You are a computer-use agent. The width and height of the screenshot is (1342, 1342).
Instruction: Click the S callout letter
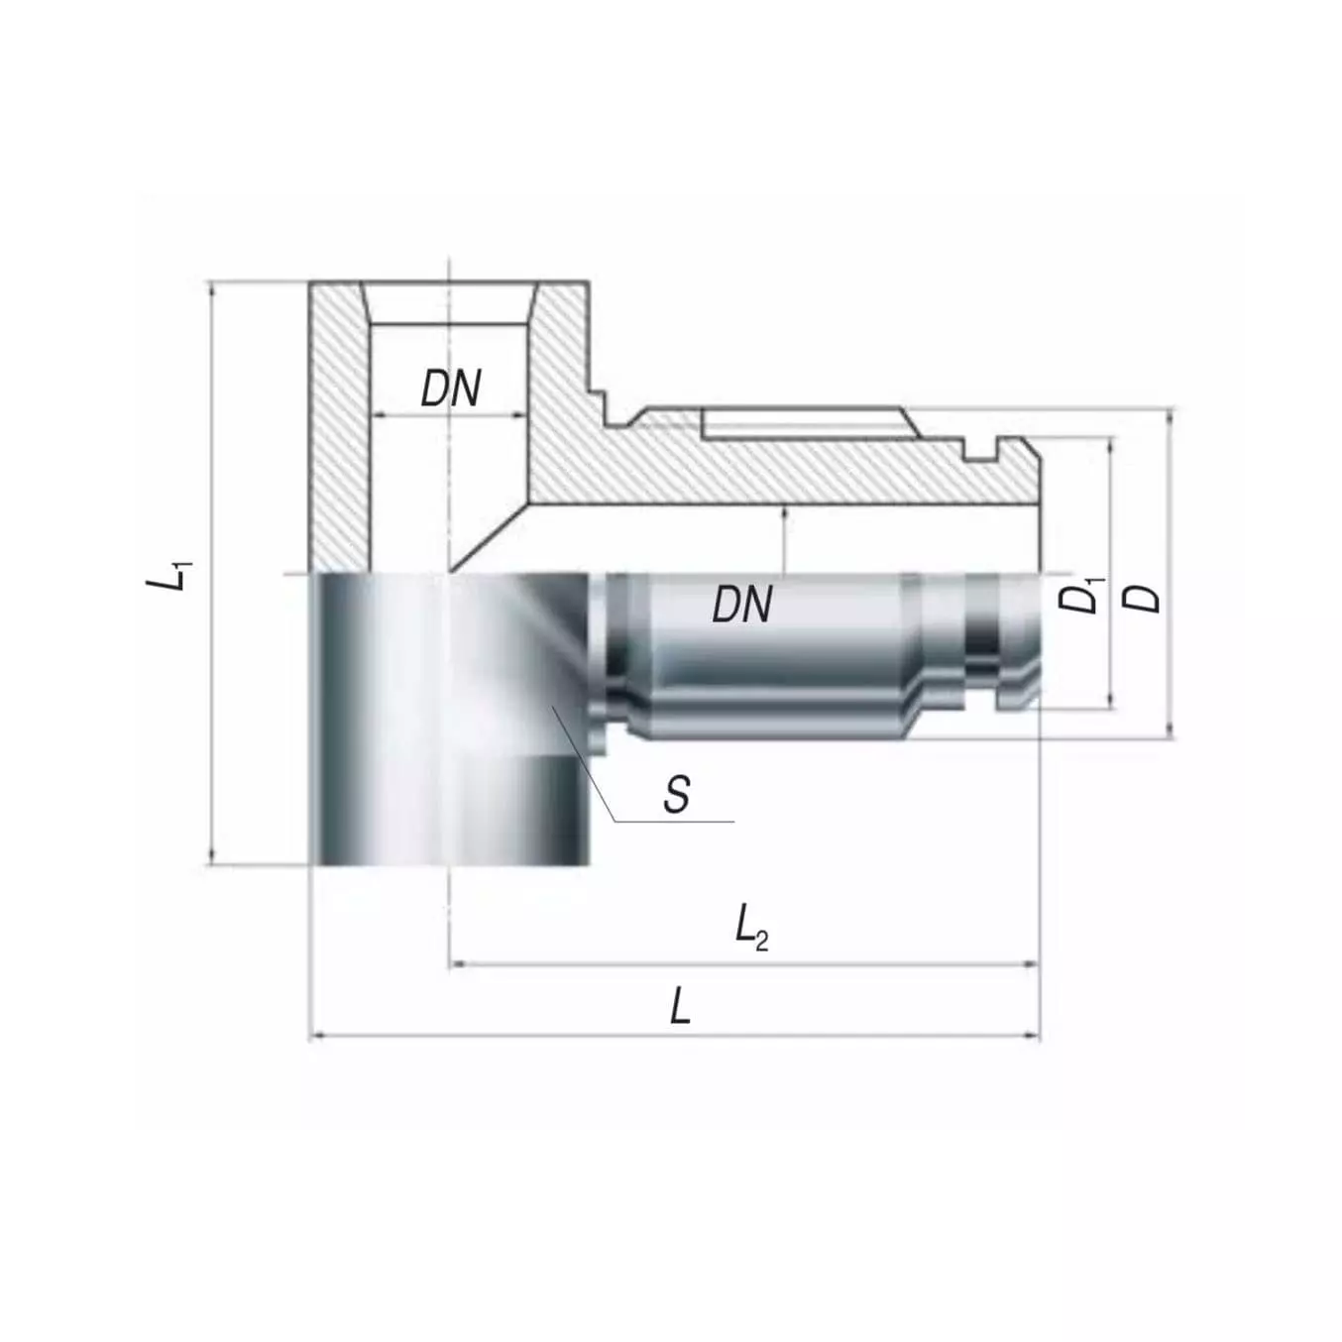pos(677,794)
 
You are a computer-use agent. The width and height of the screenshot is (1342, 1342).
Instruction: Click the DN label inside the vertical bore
pos(451,389)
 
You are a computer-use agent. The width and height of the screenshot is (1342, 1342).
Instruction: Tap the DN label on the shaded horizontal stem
pos(742,604)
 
